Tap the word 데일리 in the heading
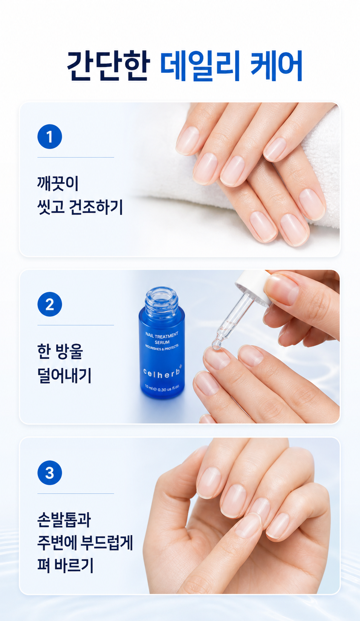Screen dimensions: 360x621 (x=199, y=66)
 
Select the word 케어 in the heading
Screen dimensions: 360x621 (x=276, y=66)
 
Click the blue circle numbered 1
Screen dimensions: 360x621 (x=50, y=136)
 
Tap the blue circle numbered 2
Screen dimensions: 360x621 (x=50, y=304)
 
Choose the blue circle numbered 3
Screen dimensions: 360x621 (x=50, y=473)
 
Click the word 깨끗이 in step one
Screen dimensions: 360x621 (x=58, y=183)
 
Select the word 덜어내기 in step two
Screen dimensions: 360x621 (x=64, y=376)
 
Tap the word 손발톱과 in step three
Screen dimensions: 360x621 (x=64, y=520)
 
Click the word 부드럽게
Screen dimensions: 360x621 (x=107, y=543)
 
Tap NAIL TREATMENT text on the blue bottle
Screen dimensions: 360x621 (x=162, y=335)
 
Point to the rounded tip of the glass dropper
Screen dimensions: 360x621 (x=216, y=345)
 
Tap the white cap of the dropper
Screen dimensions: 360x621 (x=254, y=287)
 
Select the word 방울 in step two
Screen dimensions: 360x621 (x=69, y=352)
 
